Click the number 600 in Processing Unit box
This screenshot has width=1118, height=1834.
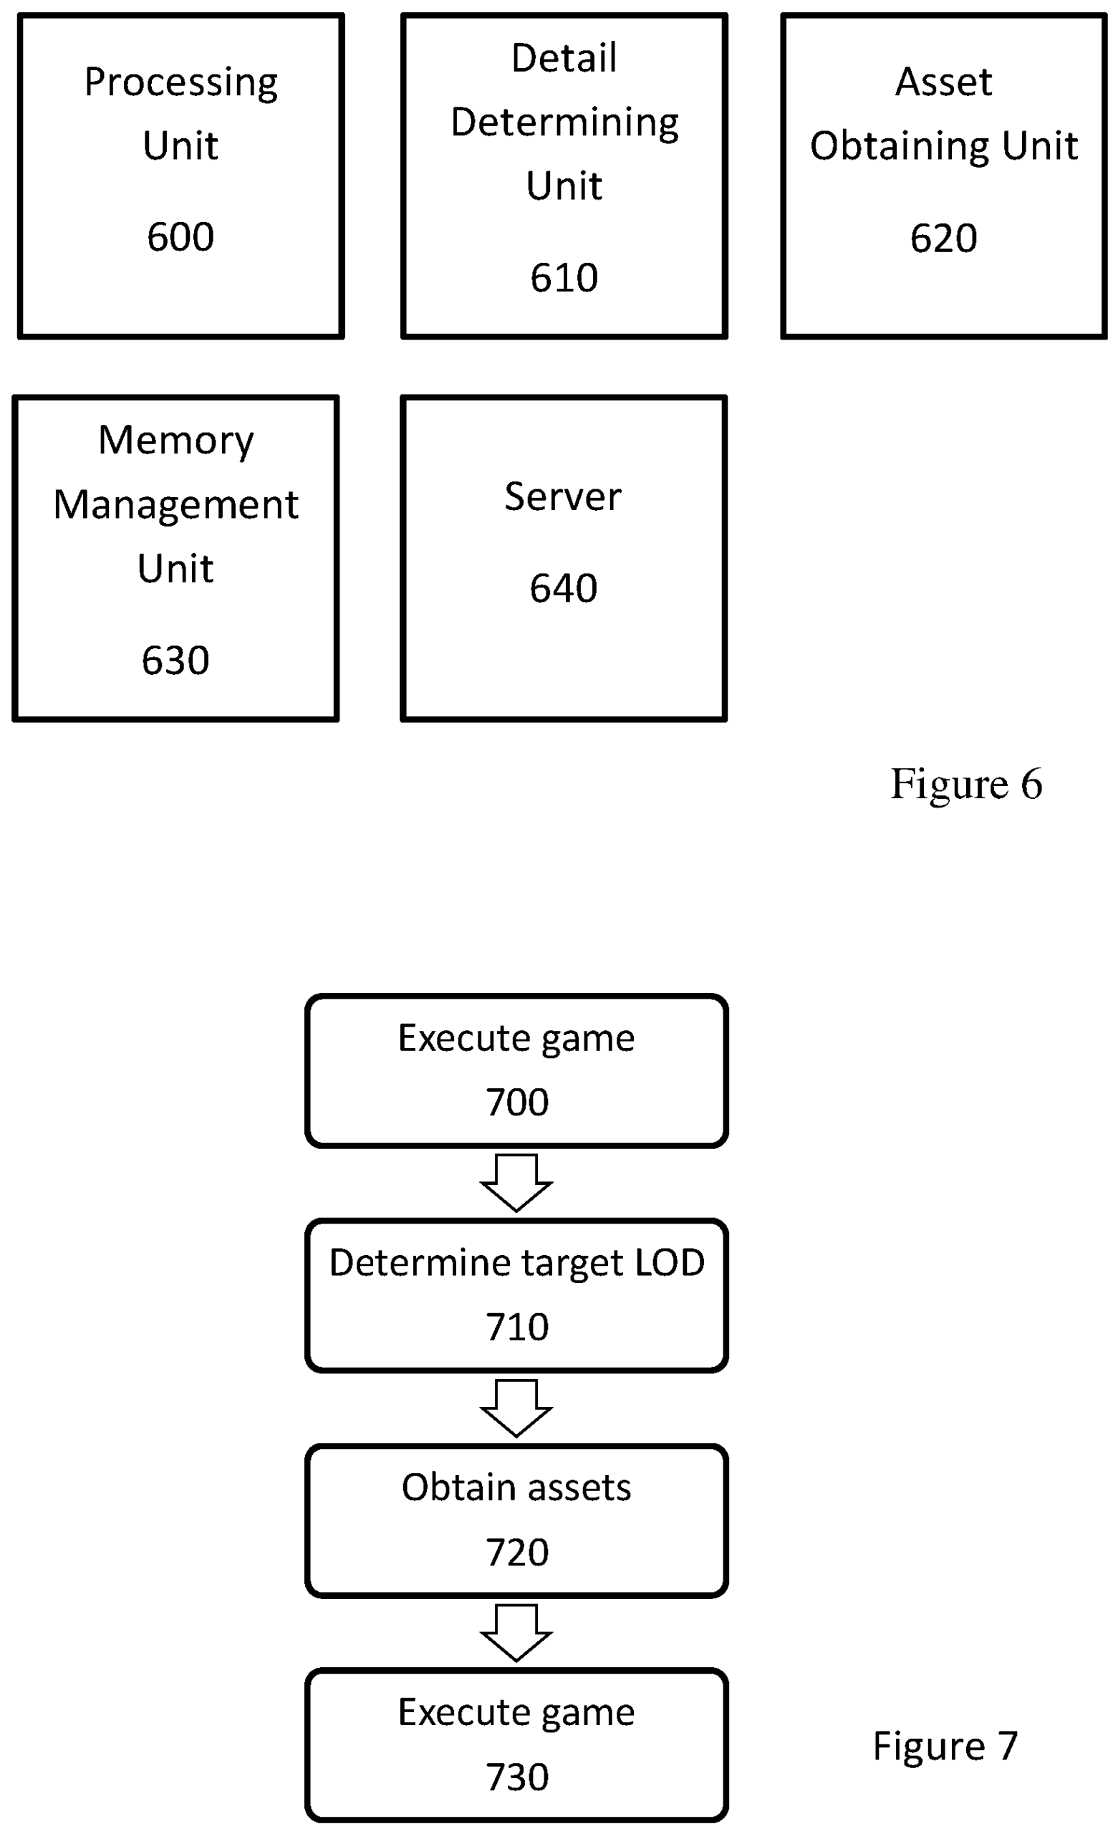tap(180, 237)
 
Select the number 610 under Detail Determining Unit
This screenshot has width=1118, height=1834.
tap(564, 279)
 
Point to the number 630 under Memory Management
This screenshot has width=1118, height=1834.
tap(175, 661)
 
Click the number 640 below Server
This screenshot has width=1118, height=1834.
tap(563, 589)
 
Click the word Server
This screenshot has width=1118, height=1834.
tap(563, 497)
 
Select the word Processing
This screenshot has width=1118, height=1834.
tap(181, 82)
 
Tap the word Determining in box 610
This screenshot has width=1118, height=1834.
tap(564, 123)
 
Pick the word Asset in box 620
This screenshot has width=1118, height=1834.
tap(943, 82)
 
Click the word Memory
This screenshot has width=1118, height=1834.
tap(175, 441)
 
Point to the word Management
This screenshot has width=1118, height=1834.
tap(175, 505)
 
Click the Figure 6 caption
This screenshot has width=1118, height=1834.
tap(965, 784)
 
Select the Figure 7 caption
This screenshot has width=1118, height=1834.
tap(945, 1745)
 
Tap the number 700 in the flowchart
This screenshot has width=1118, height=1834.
tap(516, 1103)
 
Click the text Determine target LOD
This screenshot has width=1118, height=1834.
tap(516, 1262)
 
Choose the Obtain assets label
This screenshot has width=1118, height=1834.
tap(516, 1487)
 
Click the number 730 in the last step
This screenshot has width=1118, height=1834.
tap(516, 1777)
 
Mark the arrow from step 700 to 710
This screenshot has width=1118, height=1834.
tap(516, 1183)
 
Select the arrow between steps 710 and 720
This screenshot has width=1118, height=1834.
tap(516, 1408)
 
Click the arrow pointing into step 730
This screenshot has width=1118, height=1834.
tap(516, 1633)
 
